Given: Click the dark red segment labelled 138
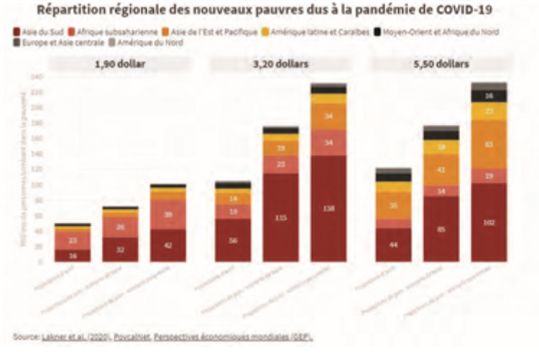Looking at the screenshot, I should click(328, 208).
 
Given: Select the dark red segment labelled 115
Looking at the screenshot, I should click(280, 216).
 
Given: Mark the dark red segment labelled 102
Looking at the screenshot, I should click(489, 222).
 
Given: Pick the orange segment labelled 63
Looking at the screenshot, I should click(489, 144).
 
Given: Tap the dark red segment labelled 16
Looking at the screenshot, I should click(73, 255).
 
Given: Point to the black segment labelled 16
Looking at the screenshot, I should click(489, 96).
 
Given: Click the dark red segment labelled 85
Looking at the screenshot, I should click(441, 229).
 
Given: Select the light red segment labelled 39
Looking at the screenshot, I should click(168, 214).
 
